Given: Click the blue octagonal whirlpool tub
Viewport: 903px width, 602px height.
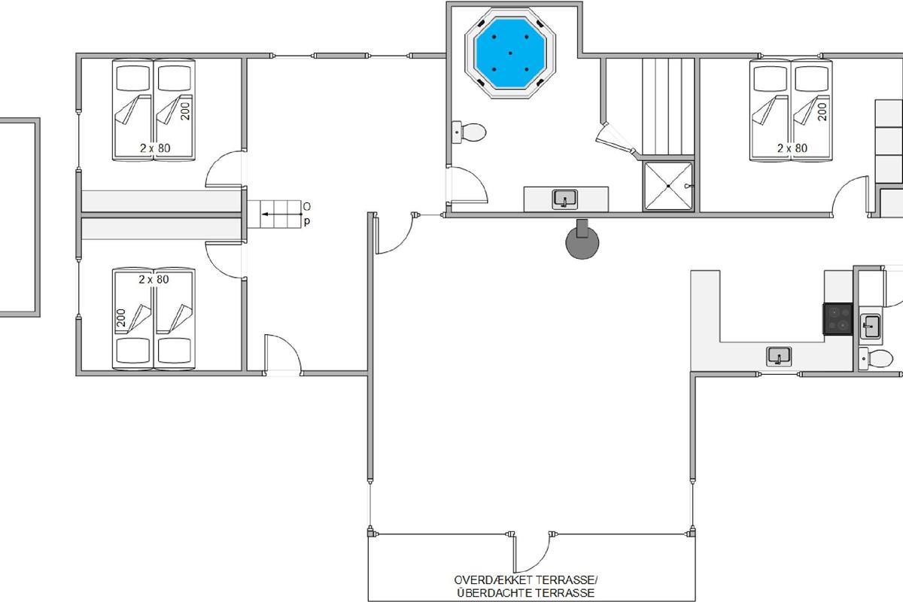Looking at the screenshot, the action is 510,53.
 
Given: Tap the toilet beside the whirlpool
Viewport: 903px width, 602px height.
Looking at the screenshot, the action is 469,132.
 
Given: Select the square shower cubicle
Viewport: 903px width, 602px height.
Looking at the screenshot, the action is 668,186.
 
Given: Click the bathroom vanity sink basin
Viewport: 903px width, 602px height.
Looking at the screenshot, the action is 564,199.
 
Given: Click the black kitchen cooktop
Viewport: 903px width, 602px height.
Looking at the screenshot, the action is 838,319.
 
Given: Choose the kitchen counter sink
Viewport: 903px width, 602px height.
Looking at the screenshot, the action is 779,357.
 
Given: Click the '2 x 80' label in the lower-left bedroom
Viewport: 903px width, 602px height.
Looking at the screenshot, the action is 154,279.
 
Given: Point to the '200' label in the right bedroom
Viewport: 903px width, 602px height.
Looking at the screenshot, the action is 822,111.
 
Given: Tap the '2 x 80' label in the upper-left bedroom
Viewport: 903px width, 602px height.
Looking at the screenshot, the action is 155,148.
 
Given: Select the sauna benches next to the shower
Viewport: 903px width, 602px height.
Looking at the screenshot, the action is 668,106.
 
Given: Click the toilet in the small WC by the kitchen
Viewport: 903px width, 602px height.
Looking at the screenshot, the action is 876,358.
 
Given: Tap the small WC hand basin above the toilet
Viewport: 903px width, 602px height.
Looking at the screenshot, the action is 871,326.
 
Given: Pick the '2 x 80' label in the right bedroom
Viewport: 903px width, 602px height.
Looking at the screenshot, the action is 792,148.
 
